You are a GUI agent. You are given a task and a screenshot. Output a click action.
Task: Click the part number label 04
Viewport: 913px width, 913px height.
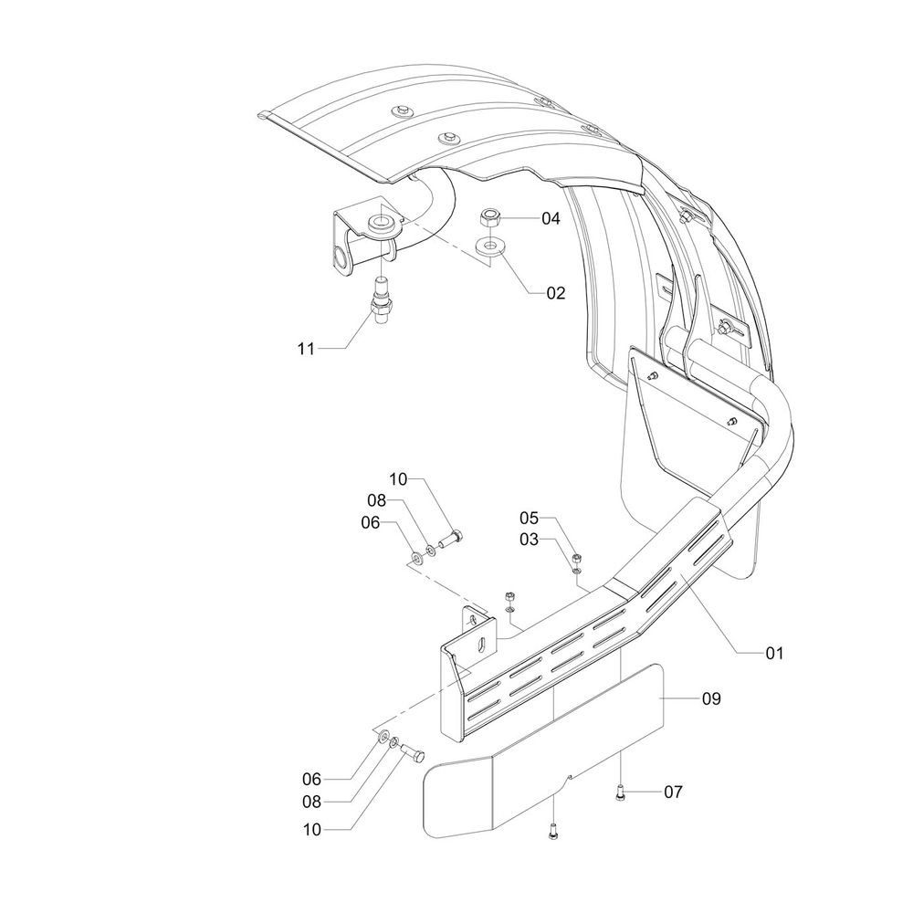(x=551, y=218)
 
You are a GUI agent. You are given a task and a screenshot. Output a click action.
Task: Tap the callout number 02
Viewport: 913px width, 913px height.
(x=555, y=293)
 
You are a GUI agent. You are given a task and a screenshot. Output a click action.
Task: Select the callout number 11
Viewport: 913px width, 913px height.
(x=306, y=349)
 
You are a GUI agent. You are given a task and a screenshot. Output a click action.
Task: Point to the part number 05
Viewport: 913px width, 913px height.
(x=530, y=518)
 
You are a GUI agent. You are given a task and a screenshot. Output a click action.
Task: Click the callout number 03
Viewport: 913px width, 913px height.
(x=530, y=540)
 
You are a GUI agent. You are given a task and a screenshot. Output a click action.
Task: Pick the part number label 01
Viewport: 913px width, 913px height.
(x=774, y=654)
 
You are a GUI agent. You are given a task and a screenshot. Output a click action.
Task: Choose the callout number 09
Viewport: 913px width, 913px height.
(x=711, y=698)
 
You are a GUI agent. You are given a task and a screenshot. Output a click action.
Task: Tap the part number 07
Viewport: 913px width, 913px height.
(x=673, y=792)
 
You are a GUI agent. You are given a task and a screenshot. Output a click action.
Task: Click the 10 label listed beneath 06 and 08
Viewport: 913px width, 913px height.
(x=312, y=830)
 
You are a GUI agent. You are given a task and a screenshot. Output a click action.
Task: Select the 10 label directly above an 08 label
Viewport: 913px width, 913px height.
(x=398, y=480)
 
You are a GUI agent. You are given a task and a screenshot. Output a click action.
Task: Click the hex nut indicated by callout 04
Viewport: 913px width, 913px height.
(x=488, y=219)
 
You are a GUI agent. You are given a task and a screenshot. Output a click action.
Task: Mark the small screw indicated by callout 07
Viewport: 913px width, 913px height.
(x=621, y=792)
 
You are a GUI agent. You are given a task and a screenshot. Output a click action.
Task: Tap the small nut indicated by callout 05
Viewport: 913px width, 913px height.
(x=577, y=558)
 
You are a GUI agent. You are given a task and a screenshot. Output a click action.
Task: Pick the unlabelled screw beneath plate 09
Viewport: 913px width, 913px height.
(x=552, y=832)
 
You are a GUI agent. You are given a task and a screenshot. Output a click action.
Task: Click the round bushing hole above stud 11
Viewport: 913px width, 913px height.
(x=382, y=222)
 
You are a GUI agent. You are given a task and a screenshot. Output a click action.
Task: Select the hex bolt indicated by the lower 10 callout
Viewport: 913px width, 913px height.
(x=414, y=755)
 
